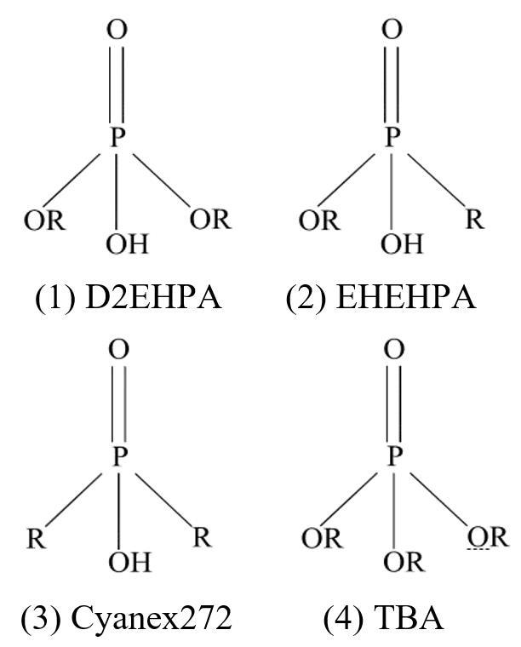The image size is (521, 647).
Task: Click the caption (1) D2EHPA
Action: tap(129, 299)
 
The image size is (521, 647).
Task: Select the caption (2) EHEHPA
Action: tap(381, 299)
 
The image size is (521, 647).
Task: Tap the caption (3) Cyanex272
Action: tap(134, 618)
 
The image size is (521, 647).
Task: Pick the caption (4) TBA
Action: tap(383, 618)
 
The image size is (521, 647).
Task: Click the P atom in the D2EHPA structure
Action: tap(117, 138)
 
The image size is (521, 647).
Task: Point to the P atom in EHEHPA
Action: tap(392, 138)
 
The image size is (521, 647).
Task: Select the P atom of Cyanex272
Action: tap(119, 457)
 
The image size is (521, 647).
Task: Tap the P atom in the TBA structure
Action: tap(393, 457)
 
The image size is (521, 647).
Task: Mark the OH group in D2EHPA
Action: tap(127, 245)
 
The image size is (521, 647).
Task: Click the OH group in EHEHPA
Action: tap(401, 245)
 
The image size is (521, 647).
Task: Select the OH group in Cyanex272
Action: tap(129, 563)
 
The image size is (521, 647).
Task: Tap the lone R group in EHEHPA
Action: tap(475, 220)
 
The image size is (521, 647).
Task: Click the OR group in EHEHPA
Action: tap(318, 220)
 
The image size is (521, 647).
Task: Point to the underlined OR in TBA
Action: tap(487, 538)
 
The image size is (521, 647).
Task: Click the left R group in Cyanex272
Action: tap(35, 538)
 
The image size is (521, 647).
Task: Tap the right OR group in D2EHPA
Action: tap(210, 219)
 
